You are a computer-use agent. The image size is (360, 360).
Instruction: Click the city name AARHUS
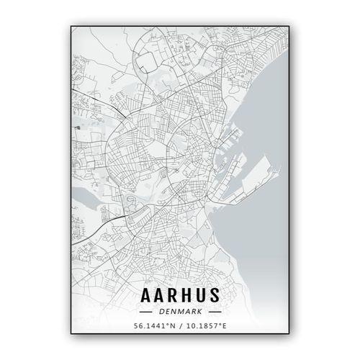tap(181, 297)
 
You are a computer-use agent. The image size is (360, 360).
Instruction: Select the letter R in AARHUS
tap(174, 297)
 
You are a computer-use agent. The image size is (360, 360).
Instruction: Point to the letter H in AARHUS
tap(189, 297)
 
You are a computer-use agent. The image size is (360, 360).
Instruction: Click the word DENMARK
tap(181, 312)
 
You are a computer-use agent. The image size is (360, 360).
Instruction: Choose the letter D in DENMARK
tap(163, 312)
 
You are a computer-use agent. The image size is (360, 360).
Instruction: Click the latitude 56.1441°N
tap(154, 326)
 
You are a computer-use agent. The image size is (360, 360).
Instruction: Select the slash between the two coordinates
tap(180, 326)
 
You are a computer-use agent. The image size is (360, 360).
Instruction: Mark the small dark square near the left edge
tap(76, 127)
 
